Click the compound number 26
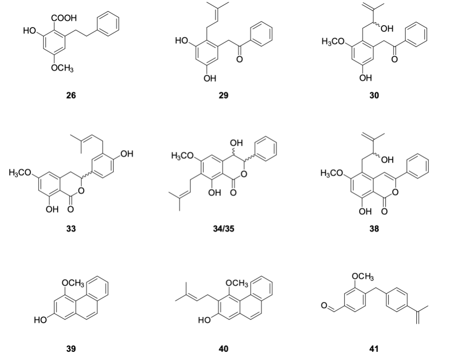point(71,95)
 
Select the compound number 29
point(223,95)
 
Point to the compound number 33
point(71,229)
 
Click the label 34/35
point(223,229)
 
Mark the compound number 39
point(71,348)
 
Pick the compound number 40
point(223,348)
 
